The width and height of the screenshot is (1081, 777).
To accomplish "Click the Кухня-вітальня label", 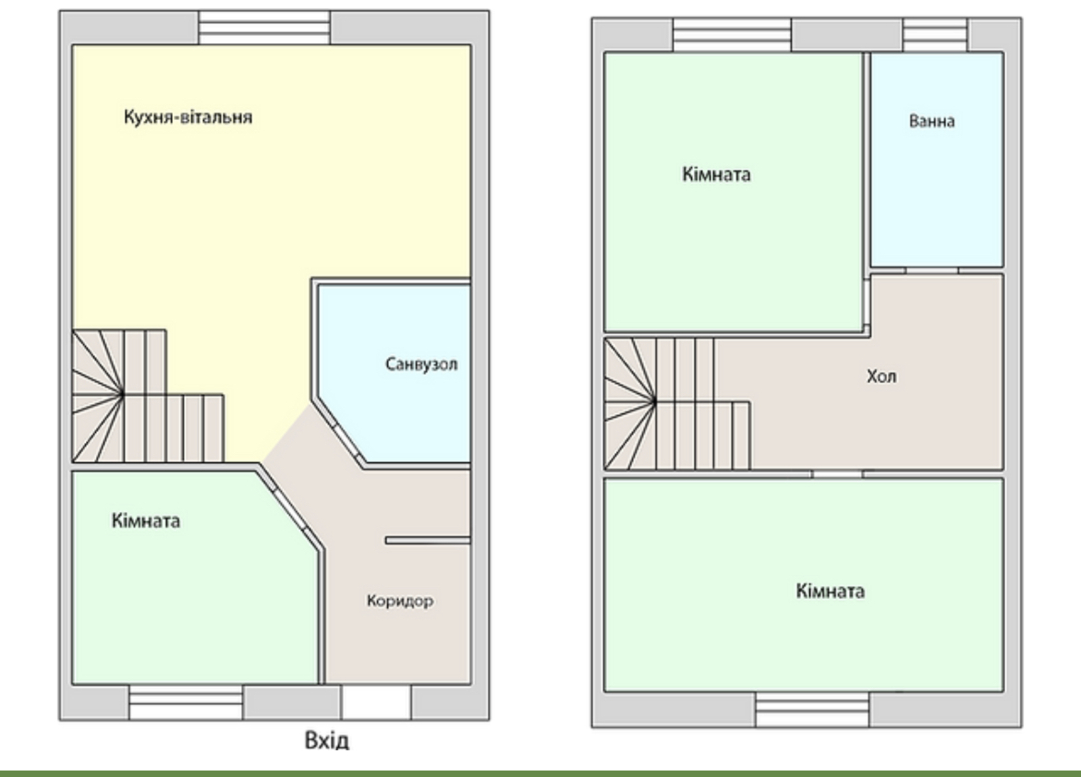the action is [x=188, y=117].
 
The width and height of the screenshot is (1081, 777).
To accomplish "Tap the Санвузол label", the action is [x=422, y=364].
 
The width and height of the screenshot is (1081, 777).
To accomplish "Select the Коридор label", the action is [x=400, y=601].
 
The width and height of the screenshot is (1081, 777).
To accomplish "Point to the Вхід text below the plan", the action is [x=327, y=741].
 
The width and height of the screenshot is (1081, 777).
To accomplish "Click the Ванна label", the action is [x=932, y=121].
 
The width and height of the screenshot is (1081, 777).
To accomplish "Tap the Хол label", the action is [x=882, y=376].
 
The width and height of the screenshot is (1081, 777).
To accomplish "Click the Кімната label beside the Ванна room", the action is [x=717, y=174].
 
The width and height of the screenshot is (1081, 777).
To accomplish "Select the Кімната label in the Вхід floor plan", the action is [x=146, y=521].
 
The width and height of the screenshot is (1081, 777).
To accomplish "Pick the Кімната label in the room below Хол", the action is [x=830, y=591].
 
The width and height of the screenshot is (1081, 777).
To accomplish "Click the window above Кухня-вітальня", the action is [x=264, y=28].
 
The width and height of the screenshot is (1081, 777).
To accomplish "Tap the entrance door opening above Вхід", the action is [x=376, y=702].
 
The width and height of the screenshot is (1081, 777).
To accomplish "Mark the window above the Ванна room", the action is [x=935, y=34].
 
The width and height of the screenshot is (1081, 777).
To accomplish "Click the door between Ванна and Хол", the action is [x=932, y=271].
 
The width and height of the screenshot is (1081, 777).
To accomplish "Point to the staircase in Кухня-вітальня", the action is [x=148, y=396].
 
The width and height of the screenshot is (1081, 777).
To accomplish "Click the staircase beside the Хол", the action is [x=677, y=404].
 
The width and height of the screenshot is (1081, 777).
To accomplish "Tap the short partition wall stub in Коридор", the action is [x=428, y=540].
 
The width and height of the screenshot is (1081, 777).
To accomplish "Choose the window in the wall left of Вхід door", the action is [x=186, y=702].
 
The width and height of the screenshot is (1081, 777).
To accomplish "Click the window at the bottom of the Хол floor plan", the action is [x=813, y=709].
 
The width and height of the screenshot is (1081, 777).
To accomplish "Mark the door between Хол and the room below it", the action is [x=837, y=475].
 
